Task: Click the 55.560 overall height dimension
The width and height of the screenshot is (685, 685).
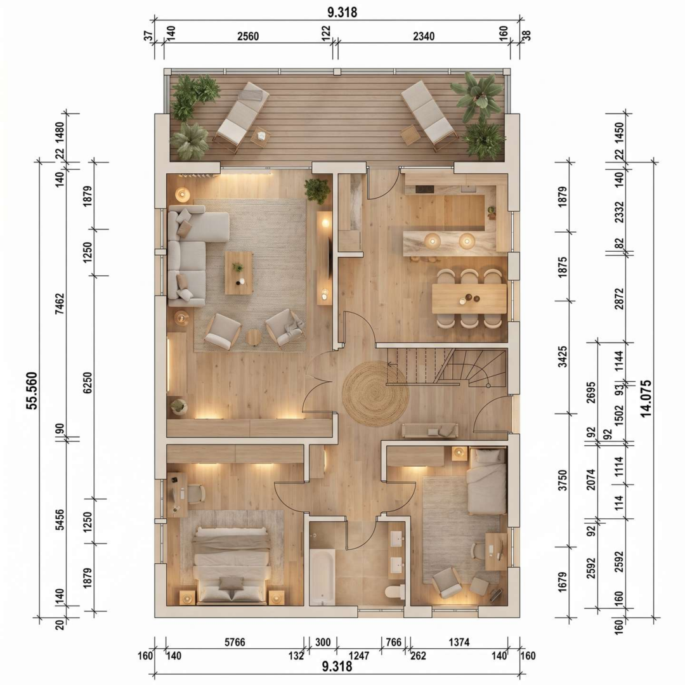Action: pyautogui.click(x=32, y=391)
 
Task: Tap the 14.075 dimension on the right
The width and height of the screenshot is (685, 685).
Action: pyautogui.click(x=646, y=398)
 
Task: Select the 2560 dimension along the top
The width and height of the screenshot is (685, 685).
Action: pyautogui.click(x=248, y=36)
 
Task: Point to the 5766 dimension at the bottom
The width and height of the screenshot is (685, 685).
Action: pyautogui.click(x=235, y=642)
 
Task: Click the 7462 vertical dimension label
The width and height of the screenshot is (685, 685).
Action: pyautogui.click(x=60, y=304)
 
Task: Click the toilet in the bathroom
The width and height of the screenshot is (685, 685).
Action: pyautogui.click(x=395, y=592)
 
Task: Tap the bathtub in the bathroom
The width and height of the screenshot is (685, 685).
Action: pyautogui.click(x=322, y=577)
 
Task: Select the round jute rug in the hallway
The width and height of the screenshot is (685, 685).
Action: pyautogui.click(x=375, y=394)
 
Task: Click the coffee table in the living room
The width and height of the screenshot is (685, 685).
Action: pyautogui.click(x=238, y=273)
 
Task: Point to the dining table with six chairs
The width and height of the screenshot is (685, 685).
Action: pyautogui.click(x=469, y=299)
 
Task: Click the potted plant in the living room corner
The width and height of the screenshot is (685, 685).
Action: pyautogui.click(x=317, y=190)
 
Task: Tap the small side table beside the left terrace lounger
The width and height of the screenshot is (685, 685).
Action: pyautogui.click(x=261, y=136)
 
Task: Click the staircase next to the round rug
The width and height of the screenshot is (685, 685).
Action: pyautogui.click(x=447, y=367)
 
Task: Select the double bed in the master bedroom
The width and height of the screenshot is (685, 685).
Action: pyautogui.click(x=232, y=565)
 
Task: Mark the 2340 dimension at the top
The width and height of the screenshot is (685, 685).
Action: pyautogui.click(x=423, y=36)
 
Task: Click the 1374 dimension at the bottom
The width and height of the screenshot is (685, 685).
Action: pyautogui.click(x=459, y=642)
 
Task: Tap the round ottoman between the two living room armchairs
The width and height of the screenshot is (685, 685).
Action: pyautogui.click(x=253, y=337)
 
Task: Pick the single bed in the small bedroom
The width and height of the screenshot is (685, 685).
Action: pyautogui.click(x=486, y=481)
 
